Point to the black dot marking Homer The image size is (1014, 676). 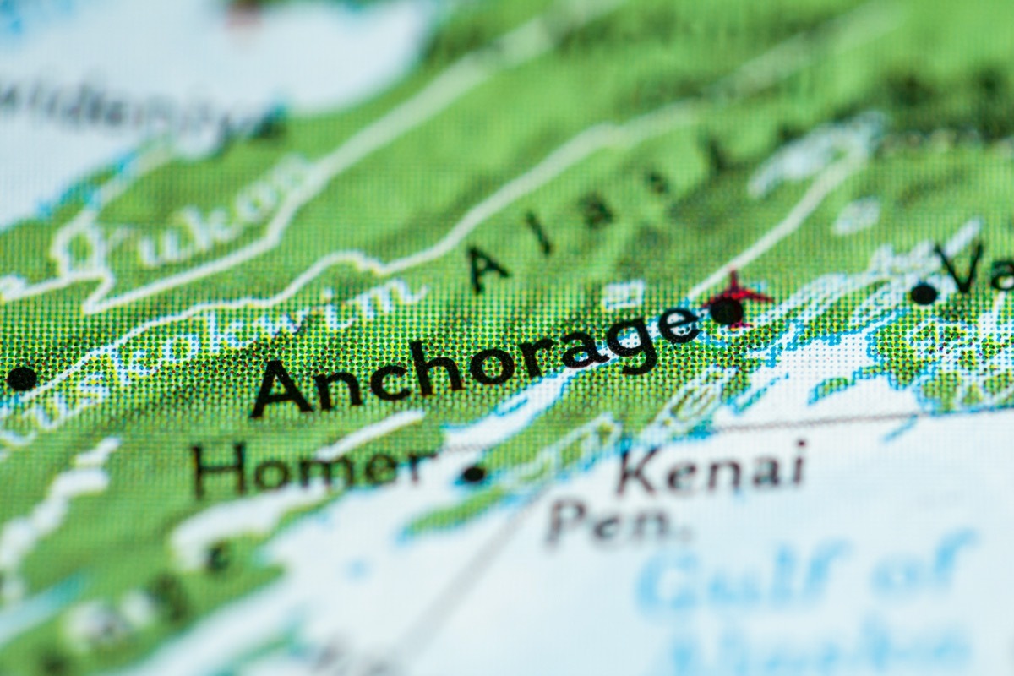click(x=473, y=475)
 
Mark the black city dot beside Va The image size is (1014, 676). click(x=924, y=293)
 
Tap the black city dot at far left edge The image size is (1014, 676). click(x=21, y=378)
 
